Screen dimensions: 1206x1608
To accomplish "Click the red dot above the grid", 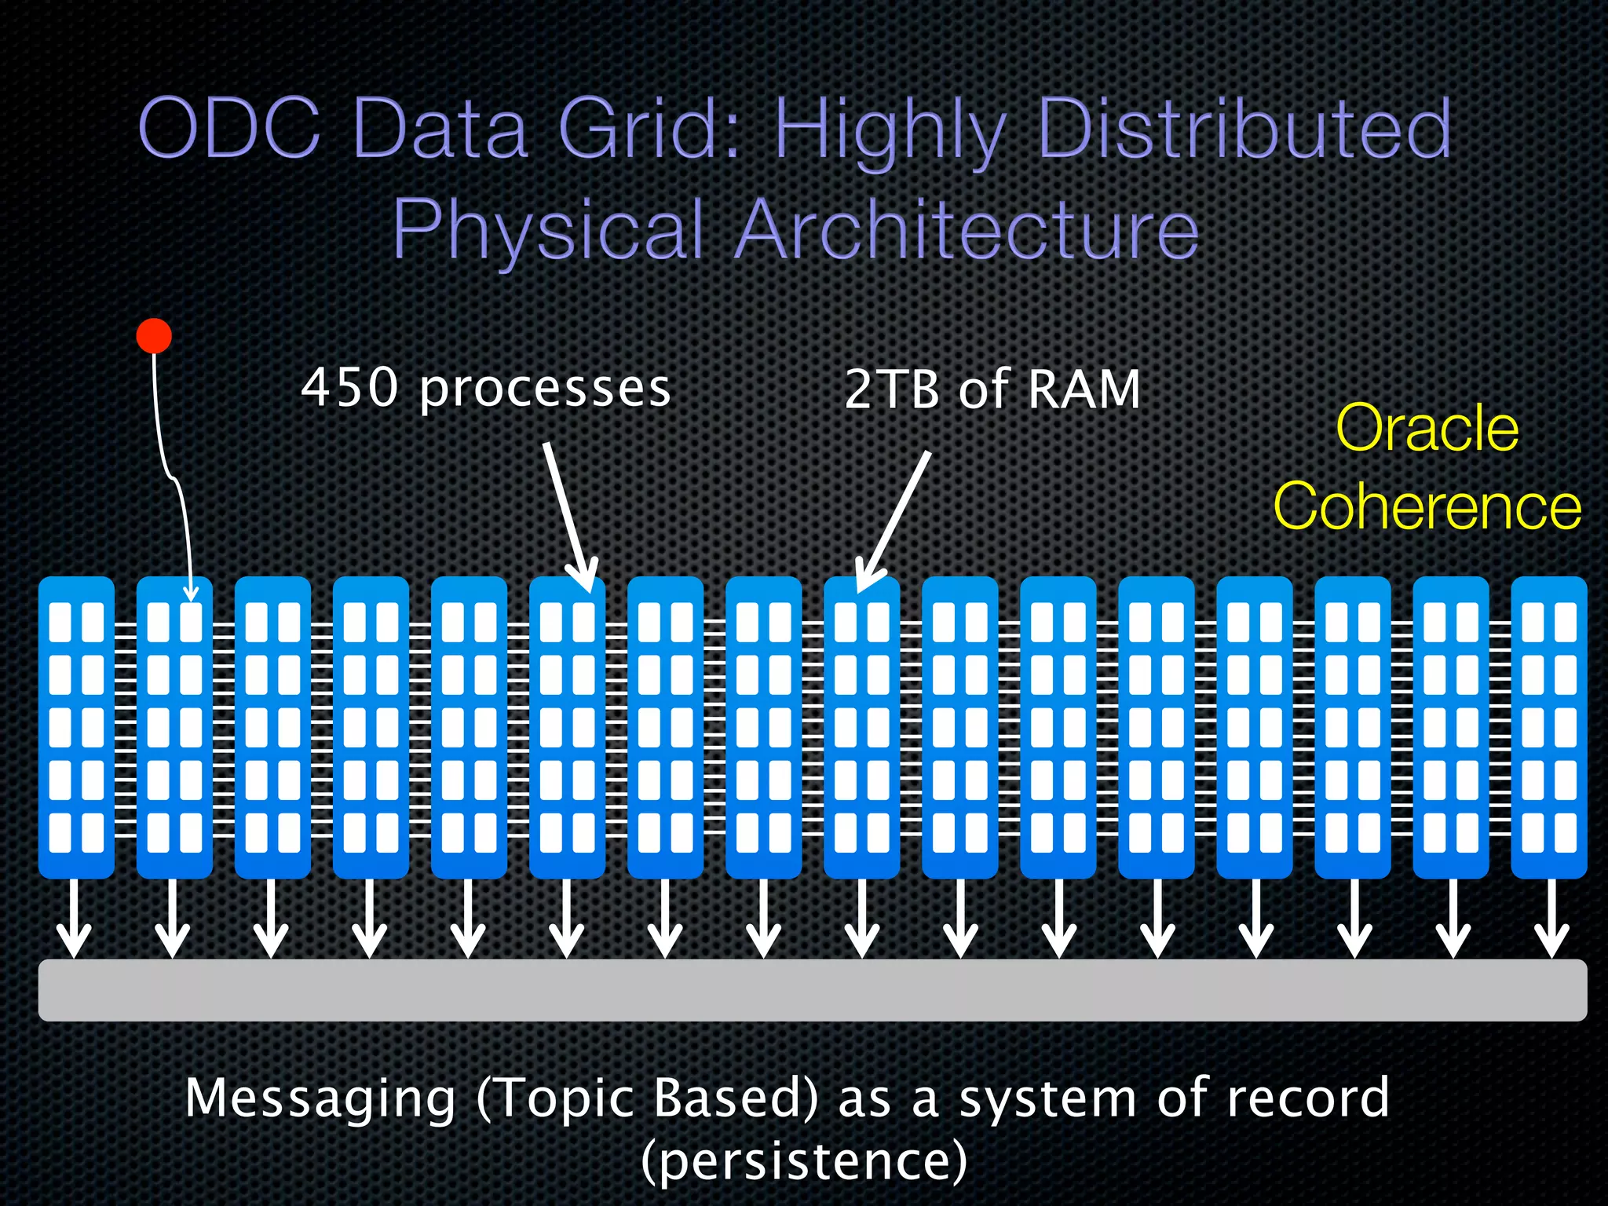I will click(154, 336).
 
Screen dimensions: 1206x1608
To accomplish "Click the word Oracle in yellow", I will click(1427, 429).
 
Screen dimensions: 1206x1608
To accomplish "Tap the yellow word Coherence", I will click(1427, 507).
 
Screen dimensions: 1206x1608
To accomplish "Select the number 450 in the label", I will click(350, 388).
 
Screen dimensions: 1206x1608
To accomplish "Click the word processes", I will click(545, 389).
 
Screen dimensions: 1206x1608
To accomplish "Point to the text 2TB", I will click(892, 389).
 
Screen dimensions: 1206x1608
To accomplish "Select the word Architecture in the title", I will click(967, 229).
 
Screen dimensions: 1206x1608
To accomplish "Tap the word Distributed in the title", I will click(1244, 129).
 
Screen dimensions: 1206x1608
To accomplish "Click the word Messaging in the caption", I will click(320, 1099).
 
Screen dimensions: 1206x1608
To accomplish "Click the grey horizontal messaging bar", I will click(812, 990).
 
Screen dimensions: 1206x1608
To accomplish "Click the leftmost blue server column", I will click(76, 727).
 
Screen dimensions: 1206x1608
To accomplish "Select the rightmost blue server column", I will click(1548, 727).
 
